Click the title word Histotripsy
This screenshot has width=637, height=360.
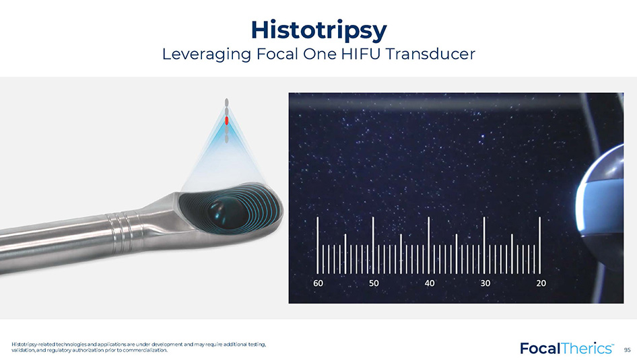[319, 30]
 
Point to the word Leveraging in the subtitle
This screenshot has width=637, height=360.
[206, 55]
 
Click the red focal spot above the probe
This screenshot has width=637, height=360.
[227, 120]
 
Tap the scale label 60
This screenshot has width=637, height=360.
[318, 283]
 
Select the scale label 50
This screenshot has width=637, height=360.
[374, 283]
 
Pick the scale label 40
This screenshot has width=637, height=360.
[430, 283]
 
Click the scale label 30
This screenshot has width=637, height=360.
[485, 283]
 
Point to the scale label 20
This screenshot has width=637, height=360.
[541, 283]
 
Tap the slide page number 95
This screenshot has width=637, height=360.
[628, 350]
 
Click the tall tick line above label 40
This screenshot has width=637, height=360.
[428, 245]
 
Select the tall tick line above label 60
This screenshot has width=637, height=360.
[318, 245]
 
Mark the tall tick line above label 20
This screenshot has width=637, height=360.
[540, 245]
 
